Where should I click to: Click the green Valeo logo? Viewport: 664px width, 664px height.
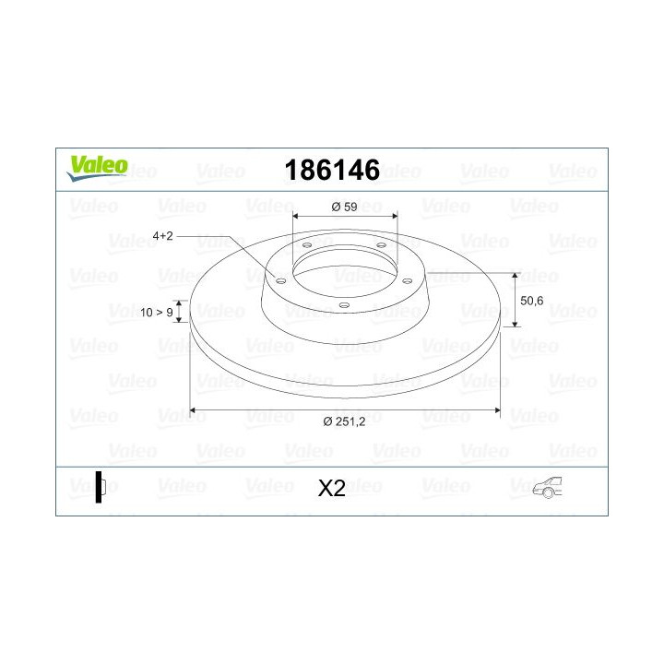tap(98, 168)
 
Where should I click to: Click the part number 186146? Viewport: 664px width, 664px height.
tap(332, 171)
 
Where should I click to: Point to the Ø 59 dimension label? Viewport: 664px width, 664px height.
tap(345, 207)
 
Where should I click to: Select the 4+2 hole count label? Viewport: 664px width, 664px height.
tap(163, 236)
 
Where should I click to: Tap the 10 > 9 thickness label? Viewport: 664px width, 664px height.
tap(157, 313)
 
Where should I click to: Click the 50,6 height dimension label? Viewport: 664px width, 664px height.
tap(531, 301)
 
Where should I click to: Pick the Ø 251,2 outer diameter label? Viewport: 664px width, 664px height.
tap(344, 421)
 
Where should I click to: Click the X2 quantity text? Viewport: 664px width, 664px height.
tap(332, 488)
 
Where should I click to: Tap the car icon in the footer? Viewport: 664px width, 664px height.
tap(548, 488)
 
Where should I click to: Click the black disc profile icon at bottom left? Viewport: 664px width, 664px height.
tap(100, 487)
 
